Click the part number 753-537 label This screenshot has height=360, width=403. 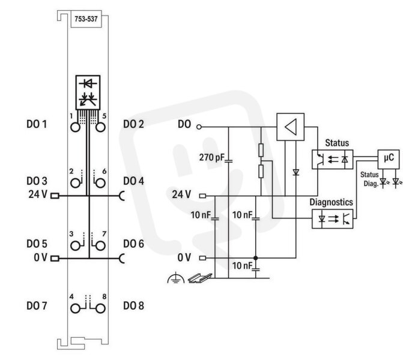pos(86,19)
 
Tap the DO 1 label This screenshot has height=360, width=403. pos(37,124)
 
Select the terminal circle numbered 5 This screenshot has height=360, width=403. pos(100,127)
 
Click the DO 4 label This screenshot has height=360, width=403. pos(133,181)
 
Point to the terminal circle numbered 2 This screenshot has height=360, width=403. pos(75,183)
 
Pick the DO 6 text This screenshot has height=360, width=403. pos(133,244)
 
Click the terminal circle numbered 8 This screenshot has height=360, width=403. pos(100,308)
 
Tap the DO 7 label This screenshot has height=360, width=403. pos(37,306)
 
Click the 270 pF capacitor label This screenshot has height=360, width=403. pos(212,157)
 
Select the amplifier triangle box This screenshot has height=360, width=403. pos(291,127)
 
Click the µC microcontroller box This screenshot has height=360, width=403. pos(389,159)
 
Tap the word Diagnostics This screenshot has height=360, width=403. pos(331,202)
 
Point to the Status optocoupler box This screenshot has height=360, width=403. pos(333,160)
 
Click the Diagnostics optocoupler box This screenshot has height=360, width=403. pos(333,219)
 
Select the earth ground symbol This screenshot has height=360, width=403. pos(176,278)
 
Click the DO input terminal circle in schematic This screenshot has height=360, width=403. pos(199,127)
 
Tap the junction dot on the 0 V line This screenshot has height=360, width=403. pos(255,258)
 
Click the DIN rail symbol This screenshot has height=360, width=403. pos(200,278)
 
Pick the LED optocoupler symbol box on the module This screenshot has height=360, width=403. pos(88,92)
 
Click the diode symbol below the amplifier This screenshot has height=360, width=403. pos(296,172)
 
